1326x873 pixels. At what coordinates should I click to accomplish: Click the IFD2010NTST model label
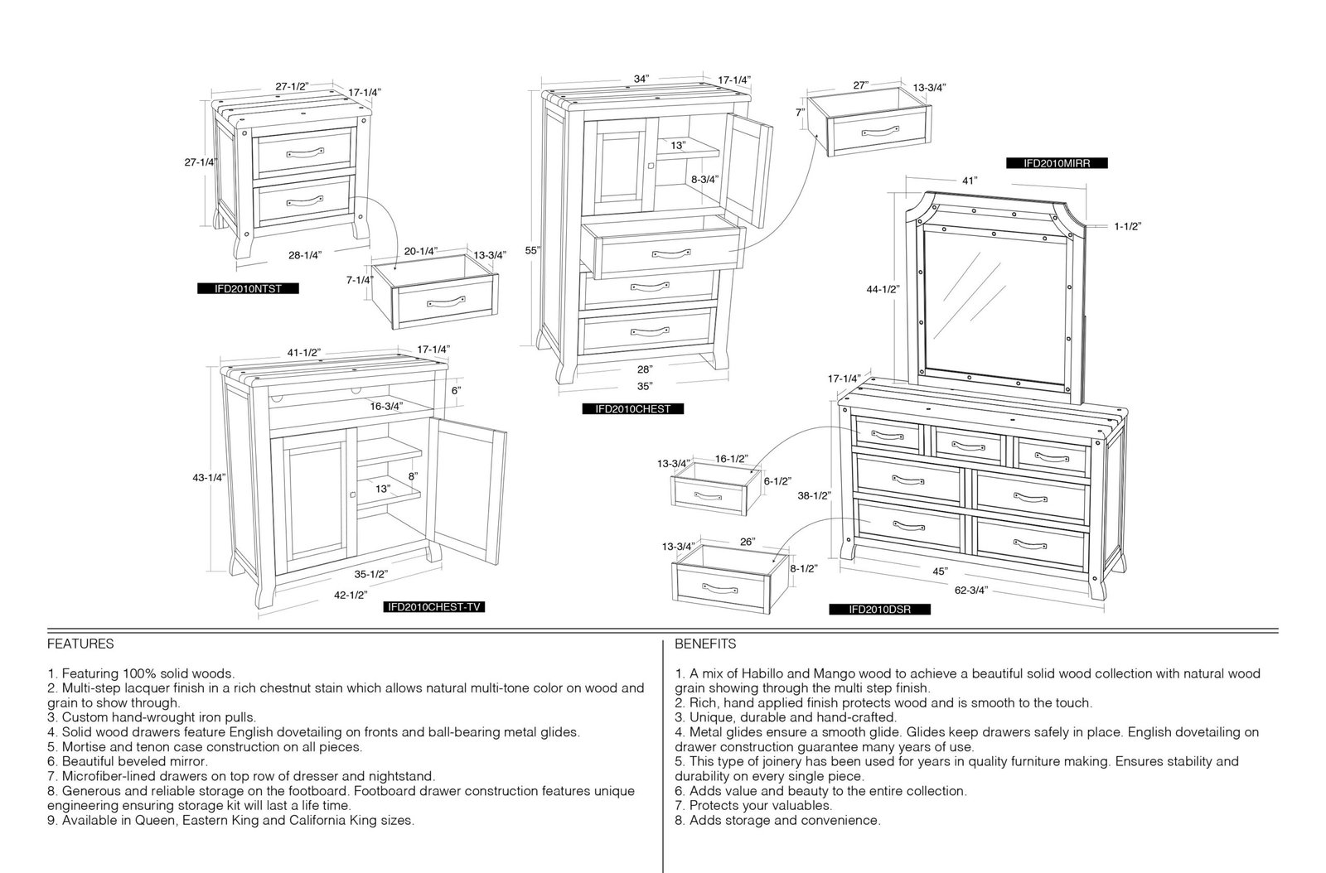click(248, 288)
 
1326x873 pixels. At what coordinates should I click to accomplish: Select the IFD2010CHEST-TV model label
click(434, 607)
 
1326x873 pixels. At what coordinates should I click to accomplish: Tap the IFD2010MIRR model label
click(1057, 163)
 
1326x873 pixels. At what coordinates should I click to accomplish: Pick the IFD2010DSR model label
click(879, 610)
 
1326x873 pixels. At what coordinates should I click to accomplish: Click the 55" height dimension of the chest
click(532, 250)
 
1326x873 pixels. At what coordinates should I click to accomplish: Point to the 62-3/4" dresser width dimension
click(970, 590)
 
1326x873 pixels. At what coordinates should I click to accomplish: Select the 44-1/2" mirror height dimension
click(883, 289)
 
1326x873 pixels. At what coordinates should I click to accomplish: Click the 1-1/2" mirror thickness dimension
click(1128, 226)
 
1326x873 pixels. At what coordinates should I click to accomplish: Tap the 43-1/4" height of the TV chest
click(209, 477)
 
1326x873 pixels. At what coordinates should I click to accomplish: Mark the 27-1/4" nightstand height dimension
click(201, 162)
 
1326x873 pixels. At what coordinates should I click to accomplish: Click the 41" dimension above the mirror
click(969, 181)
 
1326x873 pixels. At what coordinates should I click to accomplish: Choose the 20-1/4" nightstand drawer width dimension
click(421, 251)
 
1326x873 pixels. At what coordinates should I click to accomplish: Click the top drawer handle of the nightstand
click(306, 153)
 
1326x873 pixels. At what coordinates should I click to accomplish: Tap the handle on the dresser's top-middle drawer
click(969, 446)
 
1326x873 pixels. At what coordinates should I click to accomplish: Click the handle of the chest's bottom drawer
click(650, 331)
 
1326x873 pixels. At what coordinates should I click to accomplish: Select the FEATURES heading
click(80, 644)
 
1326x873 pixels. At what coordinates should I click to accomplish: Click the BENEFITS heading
click(705, 644)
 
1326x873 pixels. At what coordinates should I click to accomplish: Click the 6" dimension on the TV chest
click(456, 390)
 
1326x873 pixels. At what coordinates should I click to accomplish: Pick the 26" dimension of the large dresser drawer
click(748, 542)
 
